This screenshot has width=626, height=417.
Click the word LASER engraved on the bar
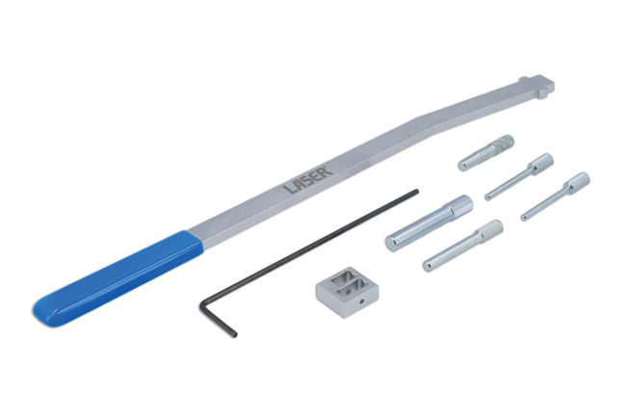tap(309, 180)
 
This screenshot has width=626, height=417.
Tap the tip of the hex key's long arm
tap(416, 192)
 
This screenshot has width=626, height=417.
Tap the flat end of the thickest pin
tap(392, 242)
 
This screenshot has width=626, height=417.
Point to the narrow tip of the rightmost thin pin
tap(525, 217)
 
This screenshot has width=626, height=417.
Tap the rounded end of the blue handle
tap(40, 309)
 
